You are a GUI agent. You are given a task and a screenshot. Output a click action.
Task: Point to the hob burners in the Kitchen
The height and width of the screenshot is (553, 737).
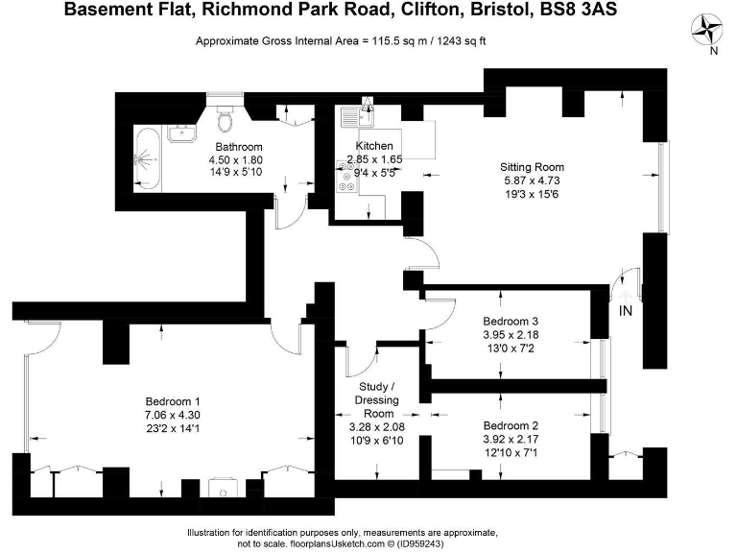[x=345, y=179]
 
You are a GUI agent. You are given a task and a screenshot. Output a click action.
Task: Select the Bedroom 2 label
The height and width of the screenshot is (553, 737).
[x=510, y=425]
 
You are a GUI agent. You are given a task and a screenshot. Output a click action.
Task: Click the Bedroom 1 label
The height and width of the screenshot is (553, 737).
[x=173, y=401]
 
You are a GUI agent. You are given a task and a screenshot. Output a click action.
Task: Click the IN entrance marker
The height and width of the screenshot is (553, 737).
[x=626, y=311]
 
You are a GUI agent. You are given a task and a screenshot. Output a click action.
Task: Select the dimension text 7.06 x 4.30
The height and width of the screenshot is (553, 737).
[x=173, y=415]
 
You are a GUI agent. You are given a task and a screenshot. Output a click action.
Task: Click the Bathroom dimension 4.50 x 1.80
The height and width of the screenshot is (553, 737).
[x=236, y=159]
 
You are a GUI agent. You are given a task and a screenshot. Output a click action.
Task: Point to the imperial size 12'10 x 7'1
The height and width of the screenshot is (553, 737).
[x=510, y=451]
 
